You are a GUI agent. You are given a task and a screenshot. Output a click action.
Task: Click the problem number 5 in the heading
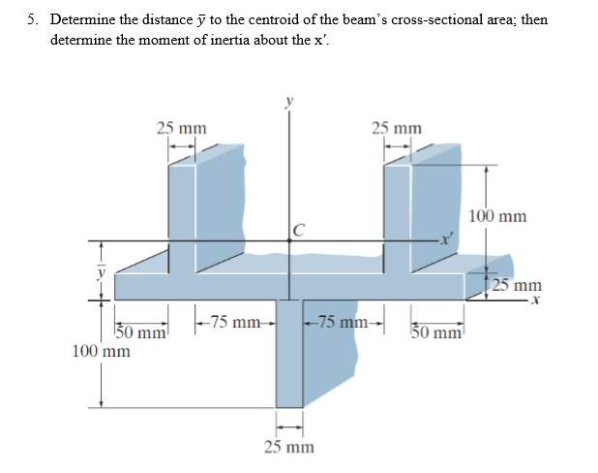(x=31, y=18)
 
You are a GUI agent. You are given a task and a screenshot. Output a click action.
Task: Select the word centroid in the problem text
(x=245, y=18)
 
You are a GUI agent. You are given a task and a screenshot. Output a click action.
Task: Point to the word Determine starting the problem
(x=83, y=18)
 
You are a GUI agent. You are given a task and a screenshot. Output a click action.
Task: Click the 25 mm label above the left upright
(x=182, y=127)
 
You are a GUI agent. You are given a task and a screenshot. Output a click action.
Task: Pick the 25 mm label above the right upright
(x=397, y=127)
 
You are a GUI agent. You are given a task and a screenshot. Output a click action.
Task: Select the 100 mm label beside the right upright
(x=497, y=215)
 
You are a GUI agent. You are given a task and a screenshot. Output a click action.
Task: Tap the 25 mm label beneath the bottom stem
(x=288, y=447)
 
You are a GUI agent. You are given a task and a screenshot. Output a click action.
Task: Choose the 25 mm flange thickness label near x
(x=518, y=285)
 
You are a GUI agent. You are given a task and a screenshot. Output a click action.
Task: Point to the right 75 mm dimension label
(x=344, y=322)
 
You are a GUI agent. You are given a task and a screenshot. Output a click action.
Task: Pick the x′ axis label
(x=446, y=236)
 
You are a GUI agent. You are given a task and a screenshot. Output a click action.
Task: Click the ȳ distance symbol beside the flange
(x=97, y=274)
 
